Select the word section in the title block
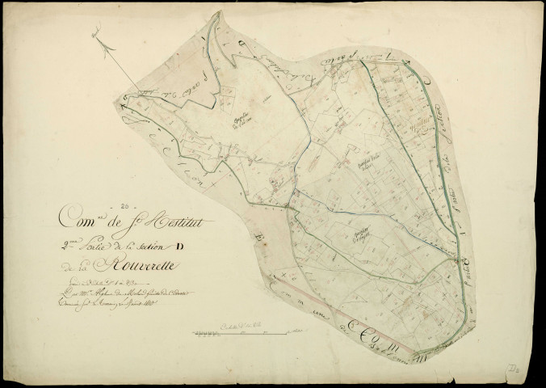pos(134,242)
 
